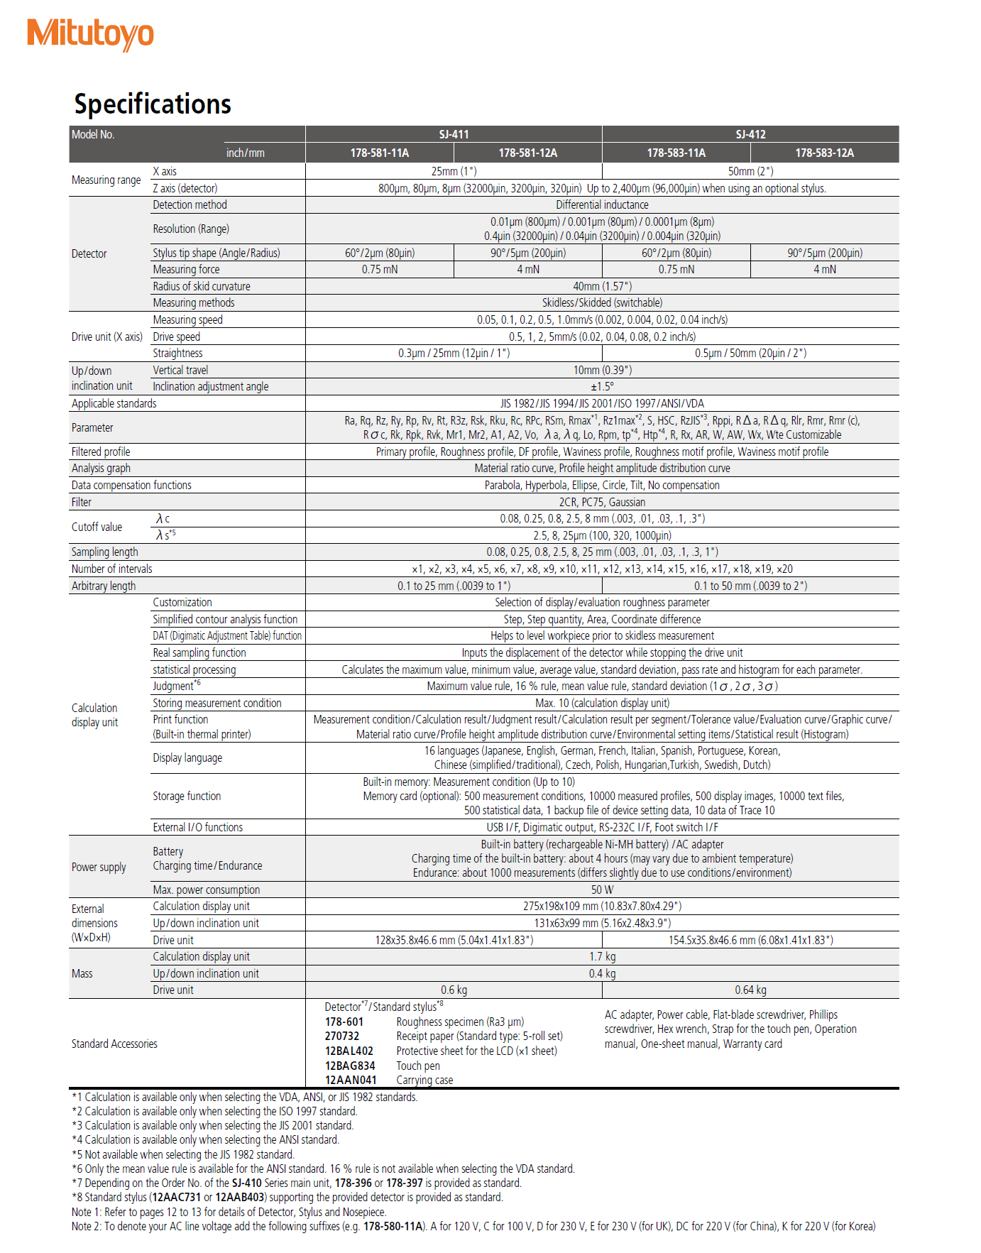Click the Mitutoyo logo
coord(90,34)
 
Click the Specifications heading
coord(153,104)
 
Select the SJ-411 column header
coord(454,134)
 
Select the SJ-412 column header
coord(750,134)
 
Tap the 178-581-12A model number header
coord(527,153)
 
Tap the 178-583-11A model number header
coord(676,153)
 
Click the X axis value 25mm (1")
coord(454,171)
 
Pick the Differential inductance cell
coord(602,204)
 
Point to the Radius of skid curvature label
coord(202,286)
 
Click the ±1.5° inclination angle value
coord(602,386)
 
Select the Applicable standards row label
coord(114,403)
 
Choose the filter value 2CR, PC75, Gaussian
coord(602,502)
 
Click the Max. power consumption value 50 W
coord(602,890)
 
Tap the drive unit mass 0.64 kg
coord(750,990)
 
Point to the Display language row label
coord(187,757)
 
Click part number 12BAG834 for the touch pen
coord(350,1066)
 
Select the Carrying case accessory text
coord(424,1080)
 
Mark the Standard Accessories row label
coord(114,1044)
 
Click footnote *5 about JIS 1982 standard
coord(183,1154)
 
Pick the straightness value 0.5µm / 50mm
coord(750,353)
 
